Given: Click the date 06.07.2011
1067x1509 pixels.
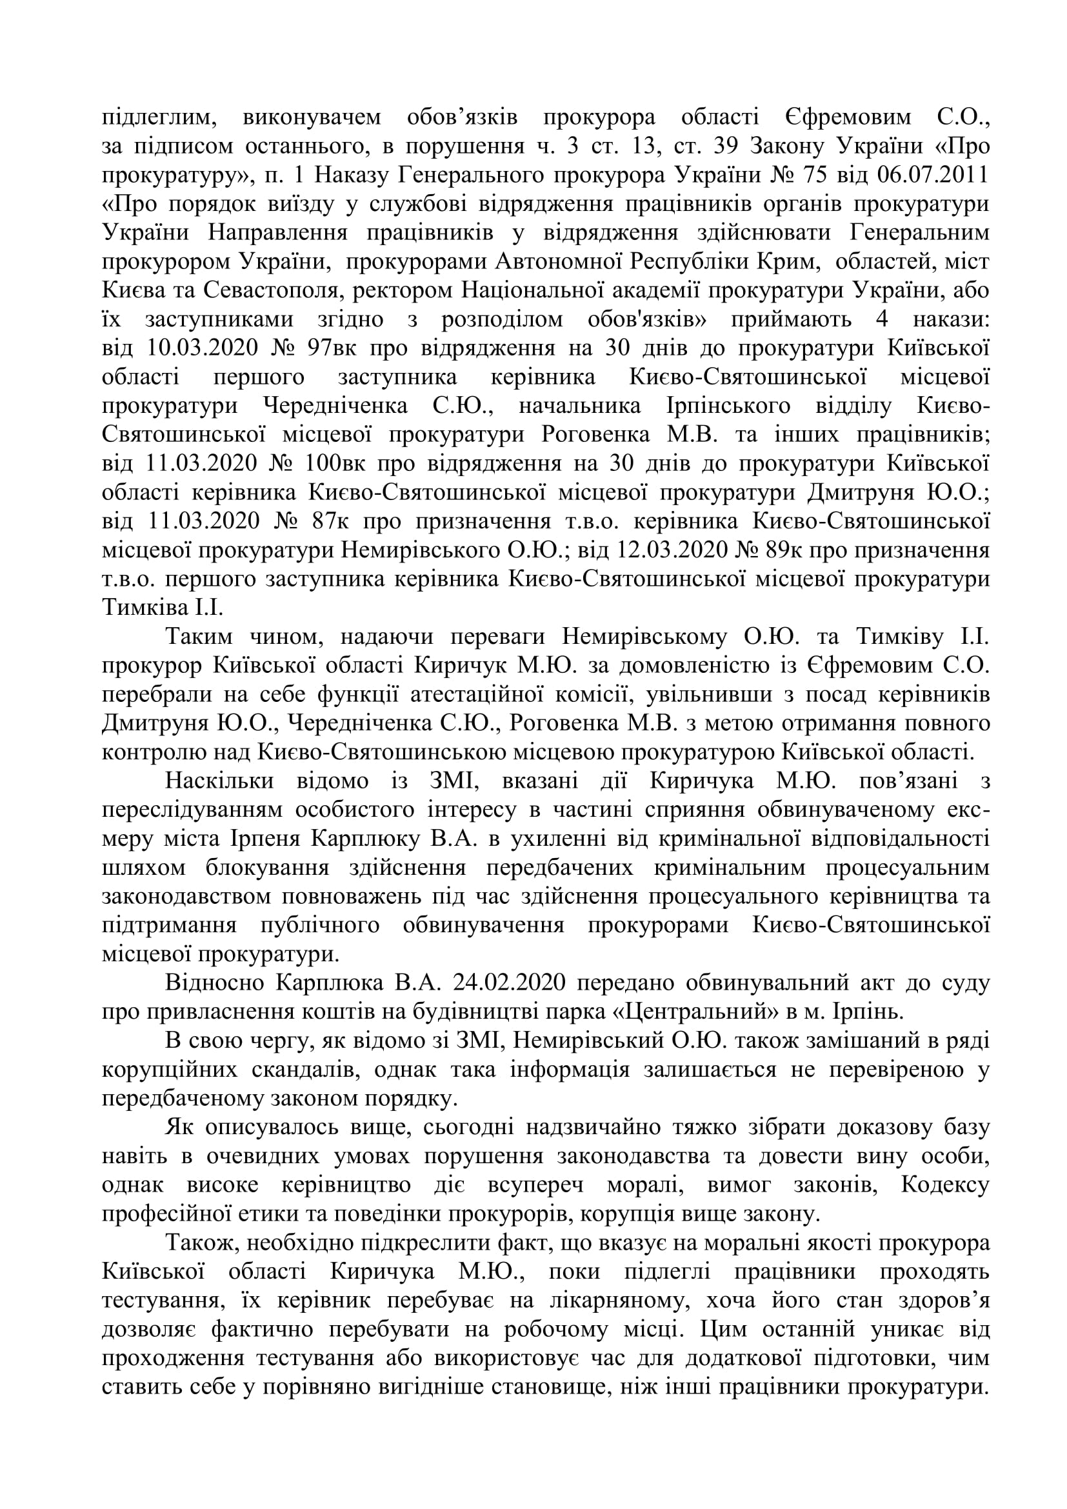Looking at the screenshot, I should tap(933, 175).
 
